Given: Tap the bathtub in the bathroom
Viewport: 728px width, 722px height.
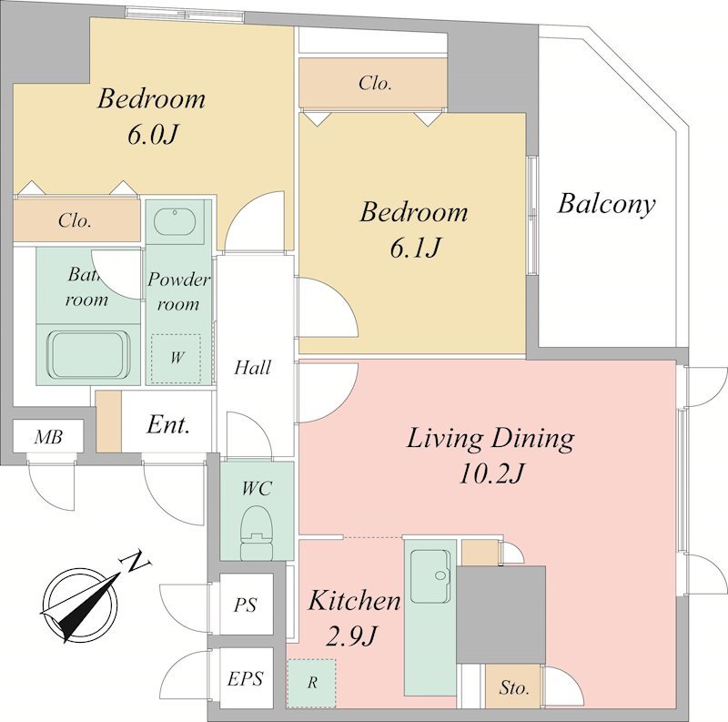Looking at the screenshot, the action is pos(88,354).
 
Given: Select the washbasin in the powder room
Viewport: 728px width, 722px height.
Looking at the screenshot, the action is pos(174,222).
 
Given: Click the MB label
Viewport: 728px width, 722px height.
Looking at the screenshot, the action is pos(48,437).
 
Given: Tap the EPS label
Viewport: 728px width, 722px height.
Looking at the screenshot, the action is pos(245,679).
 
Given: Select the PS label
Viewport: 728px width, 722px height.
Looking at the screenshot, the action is pos(245,605).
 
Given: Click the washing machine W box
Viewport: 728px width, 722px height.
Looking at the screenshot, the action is pos(176,358).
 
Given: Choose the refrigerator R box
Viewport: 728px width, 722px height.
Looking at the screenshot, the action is pos(311,683).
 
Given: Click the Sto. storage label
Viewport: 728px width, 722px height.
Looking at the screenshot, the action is pos(514,687).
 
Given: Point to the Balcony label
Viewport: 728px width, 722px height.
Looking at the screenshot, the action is pos(606,204).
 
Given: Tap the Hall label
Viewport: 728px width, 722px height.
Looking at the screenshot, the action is pos(253,368).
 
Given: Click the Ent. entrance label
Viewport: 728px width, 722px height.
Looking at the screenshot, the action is pos(168,424).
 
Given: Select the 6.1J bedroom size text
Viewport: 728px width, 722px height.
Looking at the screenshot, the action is pos(415,248).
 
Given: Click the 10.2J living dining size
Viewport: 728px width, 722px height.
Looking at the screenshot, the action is pos(491,473).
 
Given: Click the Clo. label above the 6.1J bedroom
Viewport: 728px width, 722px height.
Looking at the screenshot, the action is pos(375,84).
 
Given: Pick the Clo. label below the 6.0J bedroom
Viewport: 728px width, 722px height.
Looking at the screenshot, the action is pos(75,220).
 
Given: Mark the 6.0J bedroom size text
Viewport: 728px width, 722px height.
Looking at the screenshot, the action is pos(152,135).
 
